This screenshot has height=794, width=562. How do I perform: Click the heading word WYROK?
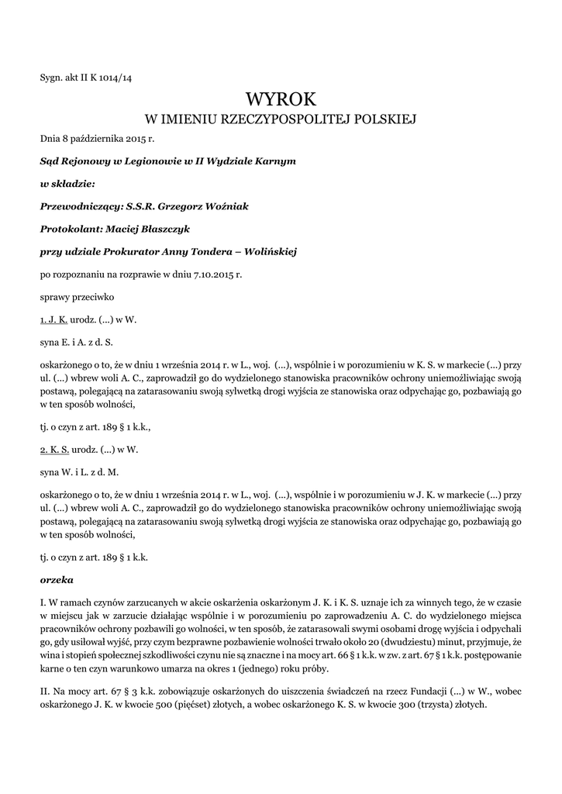tap(281, 98)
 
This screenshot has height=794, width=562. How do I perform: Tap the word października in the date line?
tap(95, 139)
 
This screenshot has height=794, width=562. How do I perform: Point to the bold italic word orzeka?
tap(55, 578)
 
